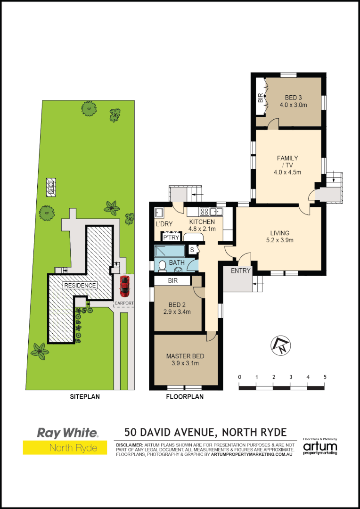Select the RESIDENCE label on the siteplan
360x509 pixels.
[x=80, y=285]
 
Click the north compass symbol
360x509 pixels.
[x=279, y=346]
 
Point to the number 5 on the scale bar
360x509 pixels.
[x=325, y=377]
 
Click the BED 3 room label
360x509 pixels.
[x=293, y=98]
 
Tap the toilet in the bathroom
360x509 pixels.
[x=162, y=266]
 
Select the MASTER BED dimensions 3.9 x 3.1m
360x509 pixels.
[x=185, y=363]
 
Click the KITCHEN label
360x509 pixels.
[x=202, y=222]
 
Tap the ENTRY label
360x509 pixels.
[x=240, y=271]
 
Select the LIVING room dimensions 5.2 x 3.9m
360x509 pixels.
[x=279, y=240]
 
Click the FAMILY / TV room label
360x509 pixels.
[x=287, y=162]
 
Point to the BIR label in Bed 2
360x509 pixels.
[x=172, y=281]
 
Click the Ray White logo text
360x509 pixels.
[x=67, y=433]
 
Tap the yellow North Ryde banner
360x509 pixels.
[x=61, y=448]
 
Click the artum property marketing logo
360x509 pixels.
[x=320, y=447]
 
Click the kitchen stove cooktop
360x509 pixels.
[x=205, y=211]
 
